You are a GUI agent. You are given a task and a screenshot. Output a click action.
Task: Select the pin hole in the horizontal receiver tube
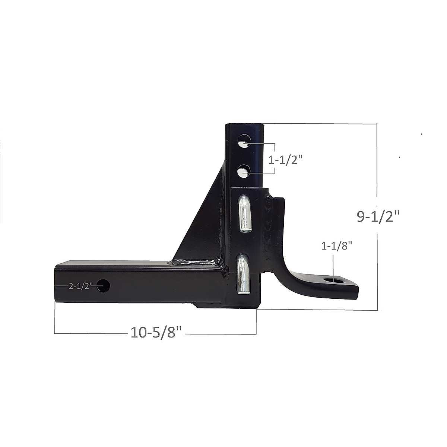[x=104, y=286]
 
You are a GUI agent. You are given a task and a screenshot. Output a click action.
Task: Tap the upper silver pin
[x=244, y=214]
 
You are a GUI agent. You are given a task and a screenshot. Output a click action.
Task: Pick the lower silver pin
[x=242, y=274]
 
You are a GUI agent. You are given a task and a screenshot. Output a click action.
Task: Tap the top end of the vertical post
[x=244, y=126]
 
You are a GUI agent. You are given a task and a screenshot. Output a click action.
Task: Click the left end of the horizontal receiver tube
[x=56, y=285]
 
